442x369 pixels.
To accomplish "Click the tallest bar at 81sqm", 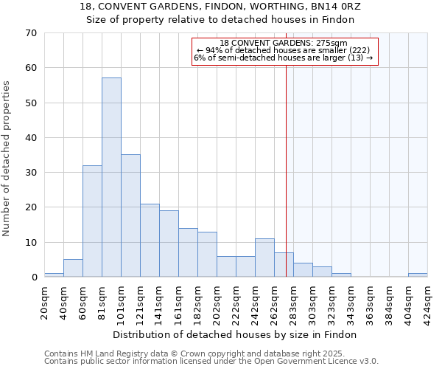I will click(111, 177).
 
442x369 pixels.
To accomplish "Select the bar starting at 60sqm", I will click(92, 221).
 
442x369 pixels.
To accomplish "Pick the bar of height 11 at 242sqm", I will click(264, 258).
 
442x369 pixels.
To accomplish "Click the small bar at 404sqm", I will click(418, 275).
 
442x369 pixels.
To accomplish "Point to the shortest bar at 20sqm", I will click(54, 275).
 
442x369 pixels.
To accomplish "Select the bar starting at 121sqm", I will click(150, 241).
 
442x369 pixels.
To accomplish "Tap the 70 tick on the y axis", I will click(31, 33).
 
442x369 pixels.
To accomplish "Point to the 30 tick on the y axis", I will click(31, 173).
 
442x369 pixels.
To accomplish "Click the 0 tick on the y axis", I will click(34, 277).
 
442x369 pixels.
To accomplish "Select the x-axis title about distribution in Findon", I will click(236, 334).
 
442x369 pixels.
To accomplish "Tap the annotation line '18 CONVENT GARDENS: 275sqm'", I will click(284, 44).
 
